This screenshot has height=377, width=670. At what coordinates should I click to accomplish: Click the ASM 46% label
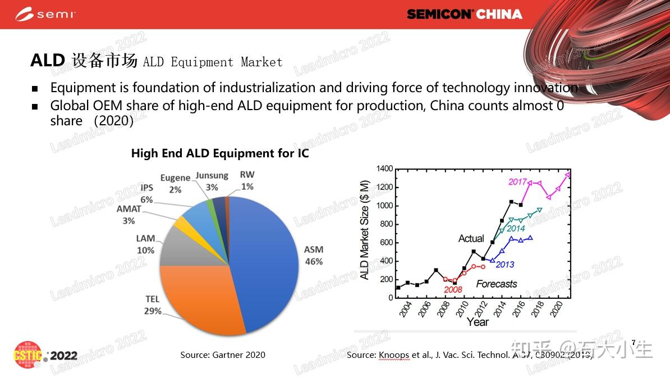coord(313,255)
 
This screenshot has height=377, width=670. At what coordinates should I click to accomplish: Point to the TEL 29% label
coord(153,305)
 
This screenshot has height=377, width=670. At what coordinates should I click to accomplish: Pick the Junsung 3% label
coord(212,181)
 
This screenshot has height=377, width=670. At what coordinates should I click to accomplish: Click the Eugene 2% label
coord(175,184)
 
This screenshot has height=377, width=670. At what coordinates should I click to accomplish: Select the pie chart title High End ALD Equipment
coord(220,153)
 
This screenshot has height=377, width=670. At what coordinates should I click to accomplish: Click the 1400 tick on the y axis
coord(385,169)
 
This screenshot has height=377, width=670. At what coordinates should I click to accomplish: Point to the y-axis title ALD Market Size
coord(365,230)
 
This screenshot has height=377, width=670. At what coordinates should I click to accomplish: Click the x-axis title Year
coord(478,322)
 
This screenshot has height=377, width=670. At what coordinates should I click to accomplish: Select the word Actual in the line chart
coord(471,239)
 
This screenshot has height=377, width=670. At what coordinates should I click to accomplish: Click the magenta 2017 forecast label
coord(517,181)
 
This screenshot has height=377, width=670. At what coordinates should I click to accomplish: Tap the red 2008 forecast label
coord(453,290)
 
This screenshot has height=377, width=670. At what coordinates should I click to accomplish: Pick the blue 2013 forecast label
coord(505,265)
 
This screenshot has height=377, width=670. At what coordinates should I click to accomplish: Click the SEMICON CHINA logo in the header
coord(464,14)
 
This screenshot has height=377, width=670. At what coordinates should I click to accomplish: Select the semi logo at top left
coord(45,14)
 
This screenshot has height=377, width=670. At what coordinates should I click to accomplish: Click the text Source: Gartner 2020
coord(223,355)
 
